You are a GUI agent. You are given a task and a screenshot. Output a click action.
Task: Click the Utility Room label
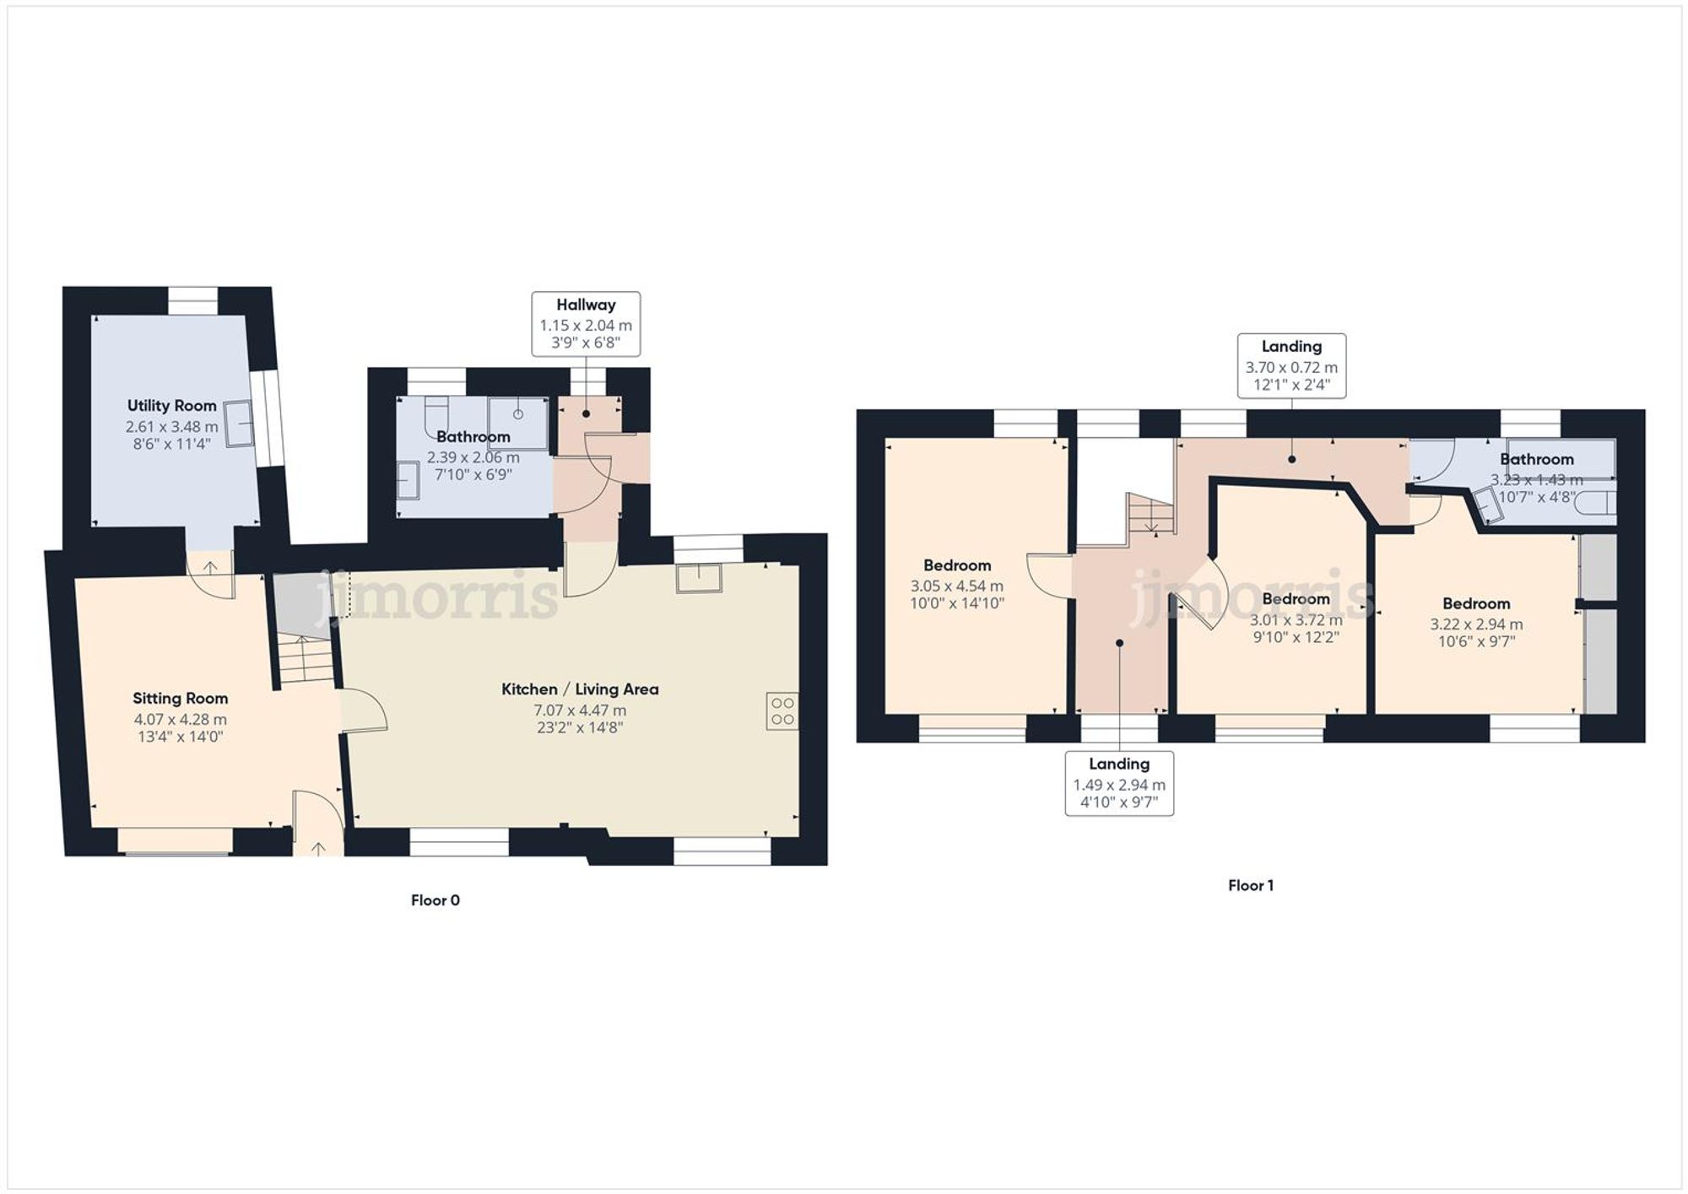[171, 406]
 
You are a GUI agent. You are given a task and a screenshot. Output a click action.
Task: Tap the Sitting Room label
[180, 699]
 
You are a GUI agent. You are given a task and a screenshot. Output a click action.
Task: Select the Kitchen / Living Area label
[580, 689]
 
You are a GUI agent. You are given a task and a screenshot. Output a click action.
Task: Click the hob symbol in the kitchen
[782, 710]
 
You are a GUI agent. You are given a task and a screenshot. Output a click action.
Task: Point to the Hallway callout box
[586, 324]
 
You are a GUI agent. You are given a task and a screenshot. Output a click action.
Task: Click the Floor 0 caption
[435, 900]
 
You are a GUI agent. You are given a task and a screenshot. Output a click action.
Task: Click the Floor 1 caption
[1250, 885]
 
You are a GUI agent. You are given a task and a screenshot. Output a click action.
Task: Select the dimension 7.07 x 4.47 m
[580, 710]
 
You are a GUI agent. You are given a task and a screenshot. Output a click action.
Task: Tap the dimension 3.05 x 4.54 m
[956, 586]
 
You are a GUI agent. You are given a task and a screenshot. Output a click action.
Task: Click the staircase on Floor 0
[306, 660]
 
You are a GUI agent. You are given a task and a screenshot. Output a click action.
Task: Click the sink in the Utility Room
[238, 422]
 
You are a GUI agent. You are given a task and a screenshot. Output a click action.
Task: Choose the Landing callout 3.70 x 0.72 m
[1291, 366]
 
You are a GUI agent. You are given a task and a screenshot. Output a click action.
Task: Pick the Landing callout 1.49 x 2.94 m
[1119, 784]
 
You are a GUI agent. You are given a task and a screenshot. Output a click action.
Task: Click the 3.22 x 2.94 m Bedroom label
[1476, 604]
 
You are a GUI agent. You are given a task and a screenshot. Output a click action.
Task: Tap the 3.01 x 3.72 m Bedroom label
[1296, 599]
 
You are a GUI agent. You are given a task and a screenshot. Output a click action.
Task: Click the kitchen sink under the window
[699, 578]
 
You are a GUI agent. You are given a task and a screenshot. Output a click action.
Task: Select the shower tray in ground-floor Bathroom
[517, 423]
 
